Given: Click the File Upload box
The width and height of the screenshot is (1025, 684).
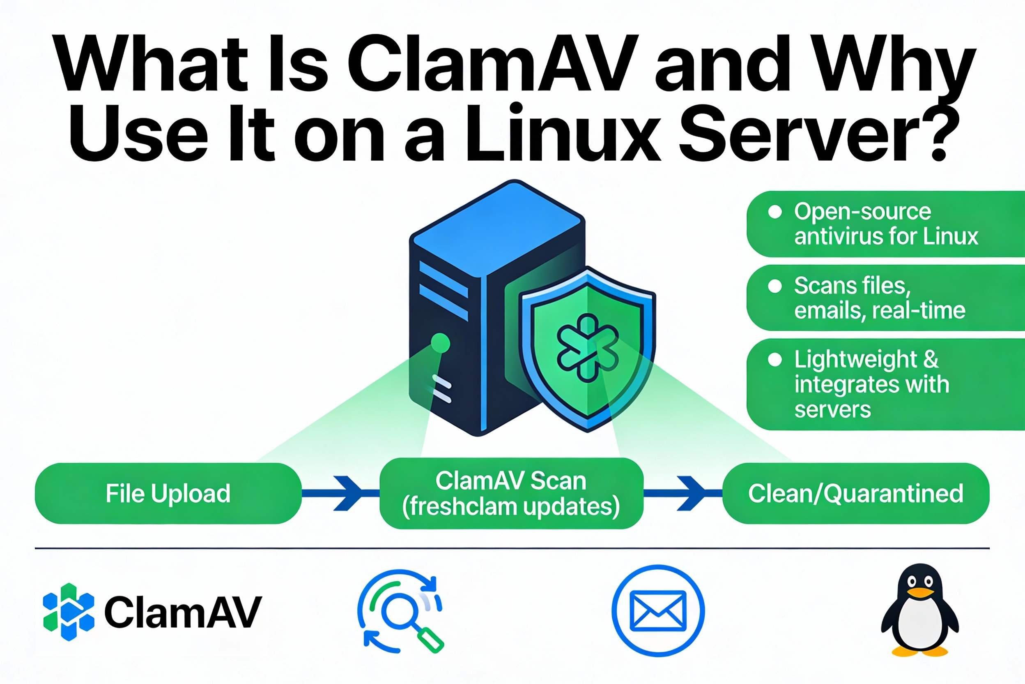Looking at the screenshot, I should click(168, 493).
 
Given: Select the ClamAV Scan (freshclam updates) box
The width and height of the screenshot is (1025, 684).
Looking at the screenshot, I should click(511, 493).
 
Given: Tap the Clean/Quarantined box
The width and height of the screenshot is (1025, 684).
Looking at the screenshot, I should click(855, 493).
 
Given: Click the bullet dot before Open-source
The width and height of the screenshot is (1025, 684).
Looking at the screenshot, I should click(775, 212).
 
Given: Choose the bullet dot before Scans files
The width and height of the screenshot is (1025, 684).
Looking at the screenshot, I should click(775, 286).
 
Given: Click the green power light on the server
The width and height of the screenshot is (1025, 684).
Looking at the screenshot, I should click(440, 343).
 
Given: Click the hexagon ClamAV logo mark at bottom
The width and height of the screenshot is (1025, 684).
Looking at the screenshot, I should click(69, 612).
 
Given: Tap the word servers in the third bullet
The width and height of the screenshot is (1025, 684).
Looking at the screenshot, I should click(832, 409).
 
